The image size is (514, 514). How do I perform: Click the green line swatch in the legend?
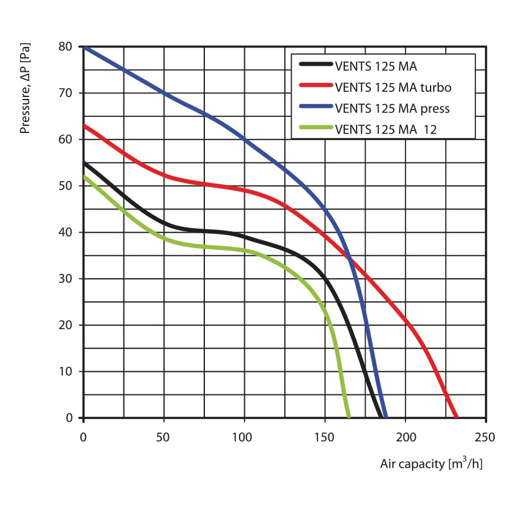point(315,128)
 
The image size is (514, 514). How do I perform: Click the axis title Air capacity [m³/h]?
point(430,463)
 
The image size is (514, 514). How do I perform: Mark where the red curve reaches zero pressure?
point(456,418)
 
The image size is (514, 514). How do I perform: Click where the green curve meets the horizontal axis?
point(349,418)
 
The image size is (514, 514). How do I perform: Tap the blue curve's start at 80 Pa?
point(84,47)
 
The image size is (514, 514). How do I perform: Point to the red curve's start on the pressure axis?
point(84,125)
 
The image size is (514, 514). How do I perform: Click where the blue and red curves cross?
point(350,258)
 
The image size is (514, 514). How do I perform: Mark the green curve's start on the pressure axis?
point(84,176)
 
